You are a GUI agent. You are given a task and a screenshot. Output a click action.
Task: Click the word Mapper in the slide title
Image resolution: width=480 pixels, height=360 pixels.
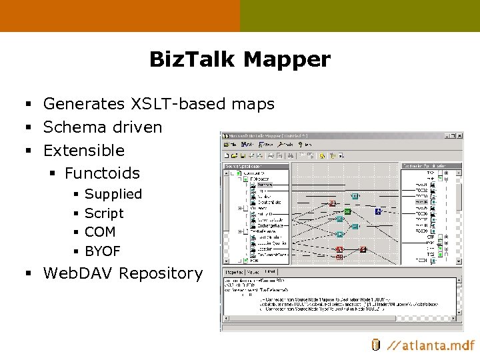tap(288, 60)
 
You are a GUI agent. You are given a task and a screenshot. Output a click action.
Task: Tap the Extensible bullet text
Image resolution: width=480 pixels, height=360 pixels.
tap(84, 151)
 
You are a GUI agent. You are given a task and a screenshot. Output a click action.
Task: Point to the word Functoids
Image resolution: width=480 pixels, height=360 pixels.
tap(102, 173)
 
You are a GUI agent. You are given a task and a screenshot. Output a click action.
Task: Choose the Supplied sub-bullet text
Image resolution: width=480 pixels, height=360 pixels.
tap(113, 194)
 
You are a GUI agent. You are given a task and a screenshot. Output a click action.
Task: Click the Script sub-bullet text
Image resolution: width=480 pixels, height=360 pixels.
tap(104, 213)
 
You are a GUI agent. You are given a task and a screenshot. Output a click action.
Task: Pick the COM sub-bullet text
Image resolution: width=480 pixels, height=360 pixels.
tap(100, 232)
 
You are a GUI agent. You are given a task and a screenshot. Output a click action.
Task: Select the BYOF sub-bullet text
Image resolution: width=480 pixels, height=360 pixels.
tap(103, 251)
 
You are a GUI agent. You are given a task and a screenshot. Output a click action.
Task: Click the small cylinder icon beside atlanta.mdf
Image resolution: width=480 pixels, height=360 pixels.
tap(375, 345)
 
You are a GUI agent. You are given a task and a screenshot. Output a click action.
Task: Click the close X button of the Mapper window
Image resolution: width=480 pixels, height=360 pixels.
tap(458, 135)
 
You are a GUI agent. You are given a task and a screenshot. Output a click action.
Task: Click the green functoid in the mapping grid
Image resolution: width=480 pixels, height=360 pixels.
tap(347, 211)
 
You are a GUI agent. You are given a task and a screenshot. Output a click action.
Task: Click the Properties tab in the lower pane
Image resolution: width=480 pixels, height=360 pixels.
tap(233, 272)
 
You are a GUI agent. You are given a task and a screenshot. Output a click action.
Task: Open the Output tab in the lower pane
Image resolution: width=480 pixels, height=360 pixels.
tap(270, 272)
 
